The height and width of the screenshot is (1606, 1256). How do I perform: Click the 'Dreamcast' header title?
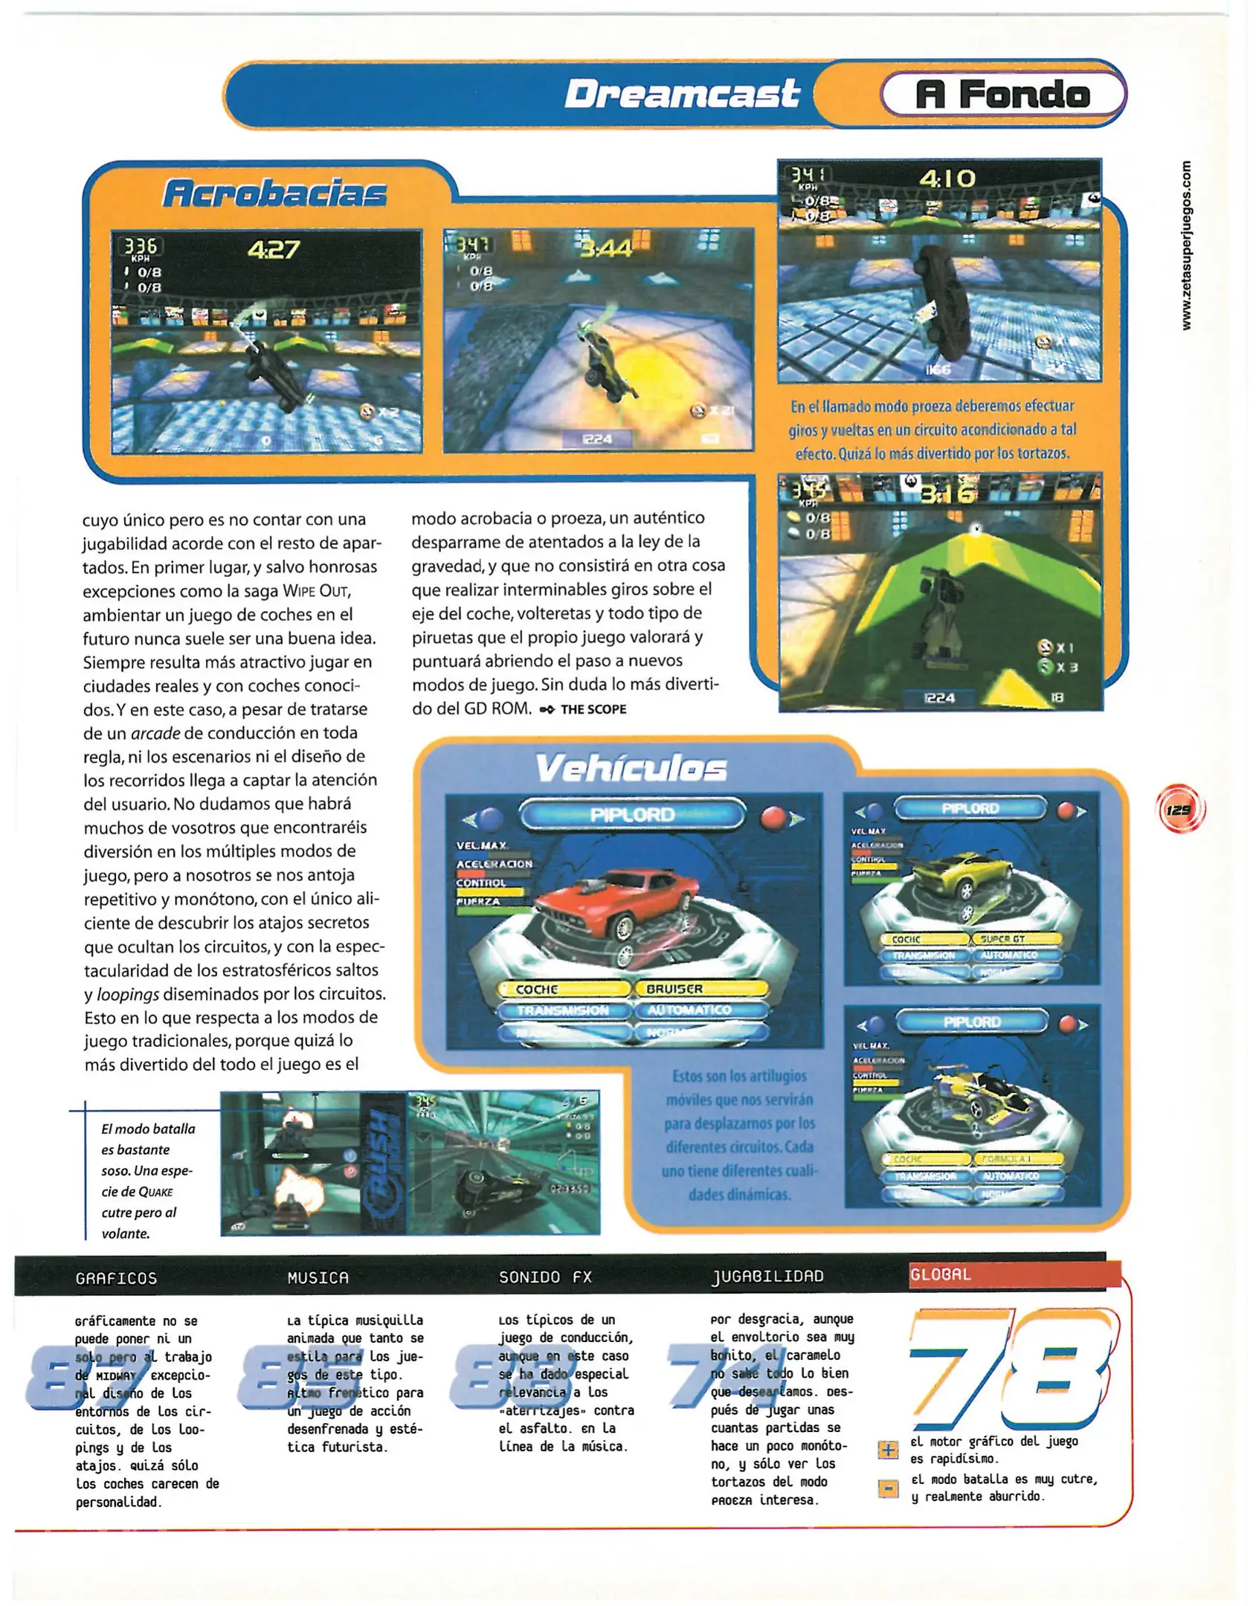coord(681,94)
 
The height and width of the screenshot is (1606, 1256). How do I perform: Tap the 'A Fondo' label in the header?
coord(1002,94)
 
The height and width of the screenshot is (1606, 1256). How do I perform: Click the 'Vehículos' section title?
coord(631,768)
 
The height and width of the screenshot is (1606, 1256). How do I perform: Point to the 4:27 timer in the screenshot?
coord(274,249)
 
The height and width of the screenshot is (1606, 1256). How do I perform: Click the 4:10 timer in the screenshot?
coord(947,178)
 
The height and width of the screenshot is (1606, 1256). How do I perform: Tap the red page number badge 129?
coord(1179,810)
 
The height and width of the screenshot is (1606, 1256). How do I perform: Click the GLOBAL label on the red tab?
coord(941,1274)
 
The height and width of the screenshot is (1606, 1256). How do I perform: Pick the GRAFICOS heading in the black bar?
coord(116,1279)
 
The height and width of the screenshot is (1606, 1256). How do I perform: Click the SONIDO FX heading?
coord(545,1277)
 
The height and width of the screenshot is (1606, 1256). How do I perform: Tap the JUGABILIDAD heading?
coord(767,1277)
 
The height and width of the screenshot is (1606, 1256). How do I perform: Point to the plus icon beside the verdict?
coord(888,1450)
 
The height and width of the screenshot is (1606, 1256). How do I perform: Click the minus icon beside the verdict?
coord(888,1488)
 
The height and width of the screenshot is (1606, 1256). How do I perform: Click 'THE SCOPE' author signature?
coord(593,709)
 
